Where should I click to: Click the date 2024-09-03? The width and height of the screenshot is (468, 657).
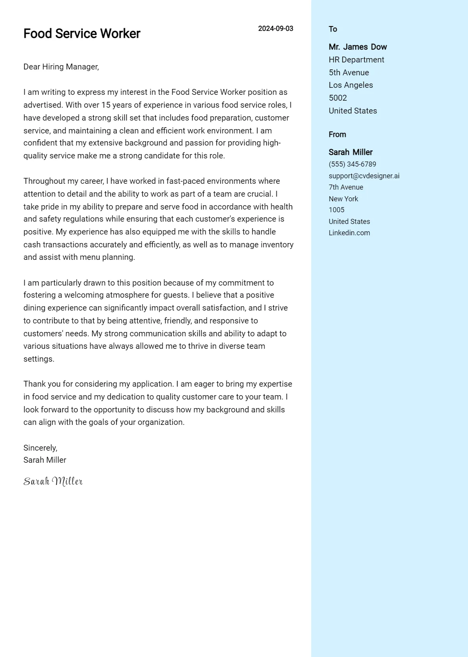pos(275,28)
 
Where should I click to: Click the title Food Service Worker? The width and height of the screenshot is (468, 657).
pos(82,34)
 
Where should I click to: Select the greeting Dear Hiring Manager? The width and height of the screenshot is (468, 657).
pos(61,67)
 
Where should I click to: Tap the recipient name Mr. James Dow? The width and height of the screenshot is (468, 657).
pos(358,47)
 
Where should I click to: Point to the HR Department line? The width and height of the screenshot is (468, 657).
pos(356,60)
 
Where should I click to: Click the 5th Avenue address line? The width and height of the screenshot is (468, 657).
pos(349,73)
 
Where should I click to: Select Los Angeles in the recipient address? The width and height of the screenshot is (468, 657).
pos(351,85)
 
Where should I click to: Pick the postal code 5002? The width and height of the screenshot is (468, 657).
pos(338,98)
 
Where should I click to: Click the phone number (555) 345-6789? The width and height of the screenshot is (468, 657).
pos(352,164)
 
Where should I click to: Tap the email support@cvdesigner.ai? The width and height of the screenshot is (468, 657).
pos(364,176)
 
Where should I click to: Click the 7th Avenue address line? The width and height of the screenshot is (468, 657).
pos(346,187)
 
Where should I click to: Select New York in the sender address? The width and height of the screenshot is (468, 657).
pos(343,199)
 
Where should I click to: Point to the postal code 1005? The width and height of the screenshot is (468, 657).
pos(336,210)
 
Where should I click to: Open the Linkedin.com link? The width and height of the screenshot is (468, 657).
pos(349,233)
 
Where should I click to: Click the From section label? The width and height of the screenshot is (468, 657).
pos(337,135)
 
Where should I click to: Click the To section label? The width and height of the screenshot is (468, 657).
pos(333,29)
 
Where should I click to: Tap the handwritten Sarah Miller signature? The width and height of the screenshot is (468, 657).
pos(53,481)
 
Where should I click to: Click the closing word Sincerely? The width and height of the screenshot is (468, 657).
pos(40,448)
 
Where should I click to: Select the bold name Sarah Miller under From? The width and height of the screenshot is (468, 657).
pos(350,152)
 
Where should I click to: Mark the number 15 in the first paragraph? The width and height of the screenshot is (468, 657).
pos(106,105)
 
